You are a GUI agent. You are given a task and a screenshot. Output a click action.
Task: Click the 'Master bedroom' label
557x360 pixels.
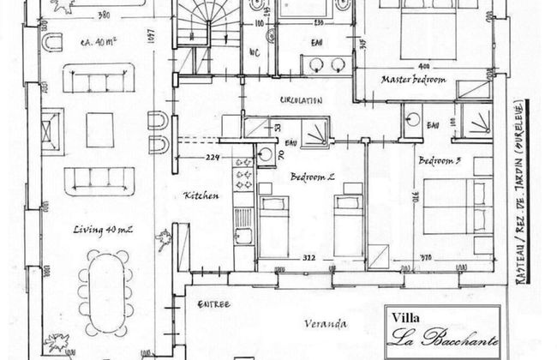point(413,80)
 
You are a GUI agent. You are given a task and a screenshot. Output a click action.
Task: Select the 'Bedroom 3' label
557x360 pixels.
point(442,160)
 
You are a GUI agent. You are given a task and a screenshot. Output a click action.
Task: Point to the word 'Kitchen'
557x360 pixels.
point(201,196)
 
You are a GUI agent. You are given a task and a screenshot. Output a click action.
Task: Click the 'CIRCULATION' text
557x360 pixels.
point(301,100)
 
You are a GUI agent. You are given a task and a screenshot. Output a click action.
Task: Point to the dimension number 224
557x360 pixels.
point(214,157)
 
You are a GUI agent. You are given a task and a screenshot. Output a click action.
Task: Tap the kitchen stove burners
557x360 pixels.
point(242,177)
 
